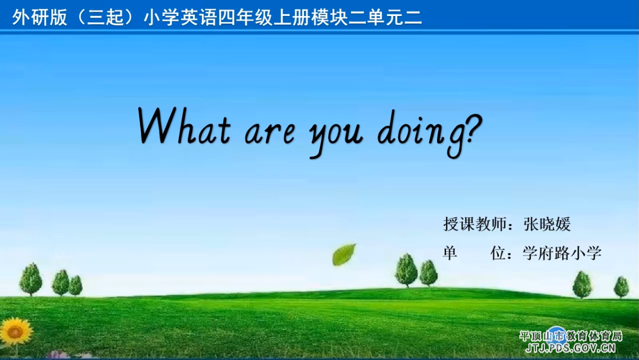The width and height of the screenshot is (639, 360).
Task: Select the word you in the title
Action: pyautogui.click(x=336, y=136)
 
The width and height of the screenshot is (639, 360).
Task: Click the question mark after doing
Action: pyautogui.click(x=473, y=128)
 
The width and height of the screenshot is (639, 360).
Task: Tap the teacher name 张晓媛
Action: pyautogui.click(x=547, y=224)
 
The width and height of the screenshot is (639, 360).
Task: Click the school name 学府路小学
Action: pyautogui.click(x=562, y=253)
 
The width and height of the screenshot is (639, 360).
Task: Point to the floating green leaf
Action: pyautogui.click(x=344, y=255)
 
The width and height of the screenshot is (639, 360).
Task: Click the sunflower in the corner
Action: pyautogui.click(x=15, y=332)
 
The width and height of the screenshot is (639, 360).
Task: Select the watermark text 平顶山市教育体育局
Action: pyautogui.click(x=571, y=336)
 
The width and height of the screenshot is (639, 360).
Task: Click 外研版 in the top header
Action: pyautogui.click(x=40, y=18)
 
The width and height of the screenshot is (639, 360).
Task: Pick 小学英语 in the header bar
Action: pyautogui.click(x=180, y=18)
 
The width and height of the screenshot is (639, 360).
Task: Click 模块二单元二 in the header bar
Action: pyautogui.click(x=367, y=18)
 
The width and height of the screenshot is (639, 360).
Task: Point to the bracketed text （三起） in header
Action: pyautogui.click(x=106, y=18)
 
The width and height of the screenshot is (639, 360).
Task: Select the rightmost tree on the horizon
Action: pyautogui.click(x=621, y=287)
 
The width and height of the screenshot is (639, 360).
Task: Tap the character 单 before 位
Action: pyautogui.click(x=450, y=253)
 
